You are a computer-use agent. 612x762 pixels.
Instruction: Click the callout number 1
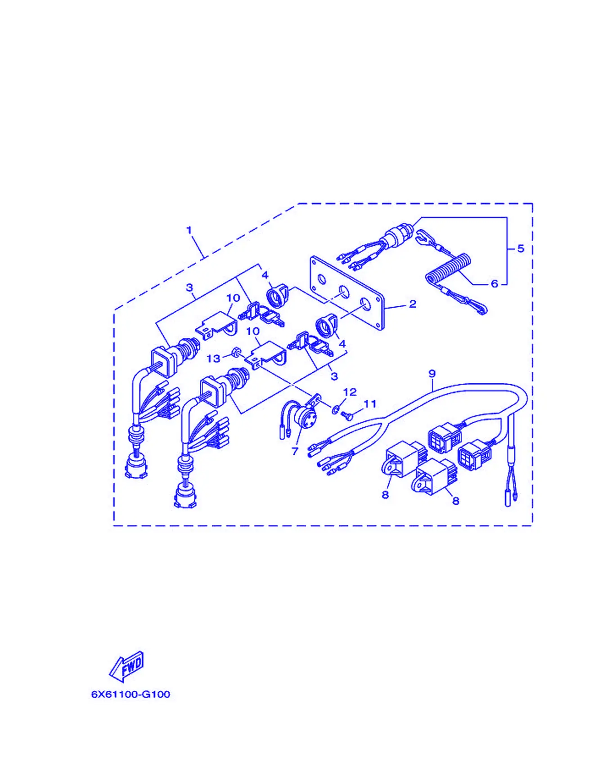coord(189,230)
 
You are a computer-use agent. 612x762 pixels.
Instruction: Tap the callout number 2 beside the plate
coord(413,304)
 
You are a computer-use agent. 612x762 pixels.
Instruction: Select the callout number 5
coord(521,248)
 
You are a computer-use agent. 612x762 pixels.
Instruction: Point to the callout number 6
coord(495,284)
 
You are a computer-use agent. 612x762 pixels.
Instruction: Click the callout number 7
coord(295,451)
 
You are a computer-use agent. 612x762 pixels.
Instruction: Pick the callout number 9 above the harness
coord(432,373)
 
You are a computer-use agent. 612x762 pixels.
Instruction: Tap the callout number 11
coord(370,404)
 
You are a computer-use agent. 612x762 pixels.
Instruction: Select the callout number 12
coord(350,392)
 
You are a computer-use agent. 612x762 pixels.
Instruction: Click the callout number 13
coord(214,359)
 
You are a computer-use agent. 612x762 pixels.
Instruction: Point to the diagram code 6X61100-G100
coord(131,694)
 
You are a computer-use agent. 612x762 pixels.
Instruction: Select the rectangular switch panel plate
coord(347,293)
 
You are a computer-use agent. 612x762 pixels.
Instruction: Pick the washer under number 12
coord(336,409)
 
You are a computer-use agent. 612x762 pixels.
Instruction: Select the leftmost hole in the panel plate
coord(322,279)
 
